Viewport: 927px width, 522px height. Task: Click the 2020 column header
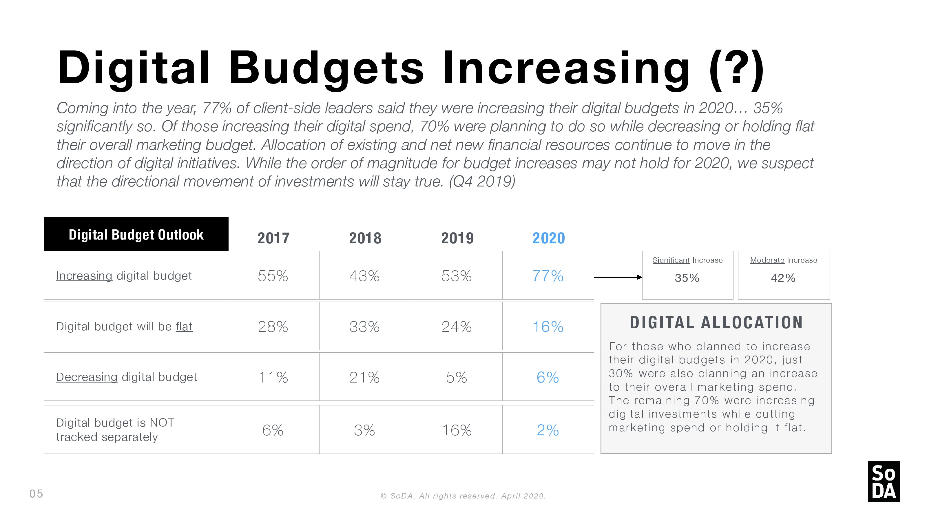(548, 238)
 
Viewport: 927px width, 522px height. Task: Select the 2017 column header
(273, 238)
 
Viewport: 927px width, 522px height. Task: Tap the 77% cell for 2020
(548, 276)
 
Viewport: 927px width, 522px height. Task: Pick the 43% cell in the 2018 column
(364, 276)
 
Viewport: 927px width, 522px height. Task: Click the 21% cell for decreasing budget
(364, 377)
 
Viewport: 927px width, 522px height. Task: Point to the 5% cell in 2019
(456, 377)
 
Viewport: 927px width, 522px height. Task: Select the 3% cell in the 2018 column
(364, 430)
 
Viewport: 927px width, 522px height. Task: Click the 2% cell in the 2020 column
(548, 430)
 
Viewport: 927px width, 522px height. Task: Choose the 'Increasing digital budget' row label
(124, 275)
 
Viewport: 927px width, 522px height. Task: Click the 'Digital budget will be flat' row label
(124, 326)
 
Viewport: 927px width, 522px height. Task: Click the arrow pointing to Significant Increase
(618, 277)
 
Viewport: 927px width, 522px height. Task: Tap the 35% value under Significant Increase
(687, 278)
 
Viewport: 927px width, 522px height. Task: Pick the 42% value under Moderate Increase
(783, 278)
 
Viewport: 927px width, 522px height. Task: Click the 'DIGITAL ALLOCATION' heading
(716, 322)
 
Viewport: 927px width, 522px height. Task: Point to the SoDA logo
(884, 482)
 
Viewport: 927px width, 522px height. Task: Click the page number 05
(36, 494)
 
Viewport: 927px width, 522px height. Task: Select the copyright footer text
(463, 496)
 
